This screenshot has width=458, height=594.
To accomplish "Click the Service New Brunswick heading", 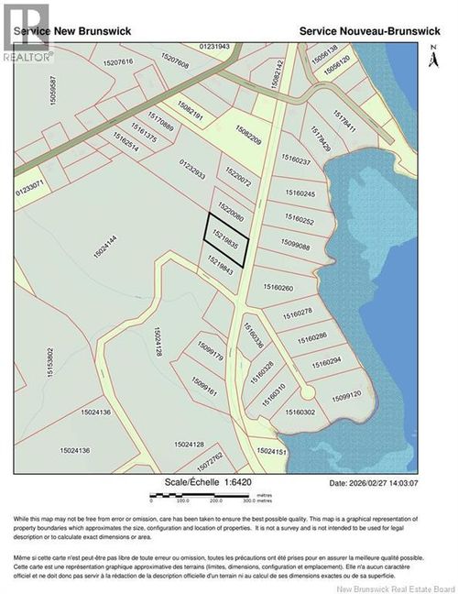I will tap(73, 30).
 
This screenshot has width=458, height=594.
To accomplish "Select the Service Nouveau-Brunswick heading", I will tap(371, 30).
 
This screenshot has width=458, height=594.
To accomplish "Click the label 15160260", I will tap(278, 288).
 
